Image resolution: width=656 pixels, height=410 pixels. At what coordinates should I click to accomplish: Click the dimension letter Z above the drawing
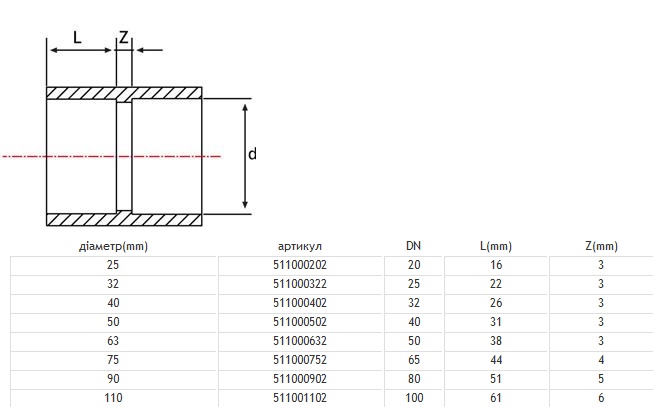[124, 38]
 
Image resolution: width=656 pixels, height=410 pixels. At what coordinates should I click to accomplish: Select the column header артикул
[301, 246]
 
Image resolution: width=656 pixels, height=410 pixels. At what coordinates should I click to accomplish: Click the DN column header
[414, 246]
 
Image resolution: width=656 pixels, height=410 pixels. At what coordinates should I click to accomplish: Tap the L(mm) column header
[496, 246]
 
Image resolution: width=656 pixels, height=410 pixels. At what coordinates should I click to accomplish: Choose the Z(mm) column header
[601, 246]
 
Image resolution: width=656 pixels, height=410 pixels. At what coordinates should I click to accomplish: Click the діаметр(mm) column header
[113, 246]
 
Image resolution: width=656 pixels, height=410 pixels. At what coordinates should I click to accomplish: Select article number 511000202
[301, 265]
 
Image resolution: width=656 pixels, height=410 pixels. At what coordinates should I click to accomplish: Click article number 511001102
[301, 398]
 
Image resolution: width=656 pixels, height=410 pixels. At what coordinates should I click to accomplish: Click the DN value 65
[414, 360]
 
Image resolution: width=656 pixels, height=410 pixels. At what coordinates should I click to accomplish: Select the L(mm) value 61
[496, 398]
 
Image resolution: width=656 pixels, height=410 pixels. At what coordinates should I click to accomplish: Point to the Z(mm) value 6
[601, 398]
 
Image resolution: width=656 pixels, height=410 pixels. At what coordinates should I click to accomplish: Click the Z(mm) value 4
[601, 360]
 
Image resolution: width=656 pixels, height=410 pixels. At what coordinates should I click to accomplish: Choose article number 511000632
[301, 341]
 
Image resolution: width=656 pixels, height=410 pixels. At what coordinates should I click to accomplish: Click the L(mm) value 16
[496, 265]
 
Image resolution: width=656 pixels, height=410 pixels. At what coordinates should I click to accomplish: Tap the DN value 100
[414, 398]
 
